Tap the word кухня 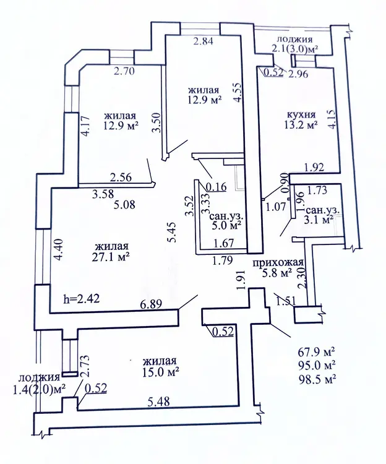[x=302, y=114]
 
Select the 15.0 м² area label [x=160, y=372]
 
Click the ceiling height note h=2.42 [x=84, y=298]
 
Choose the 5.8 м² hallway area [x=277, y=272]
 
